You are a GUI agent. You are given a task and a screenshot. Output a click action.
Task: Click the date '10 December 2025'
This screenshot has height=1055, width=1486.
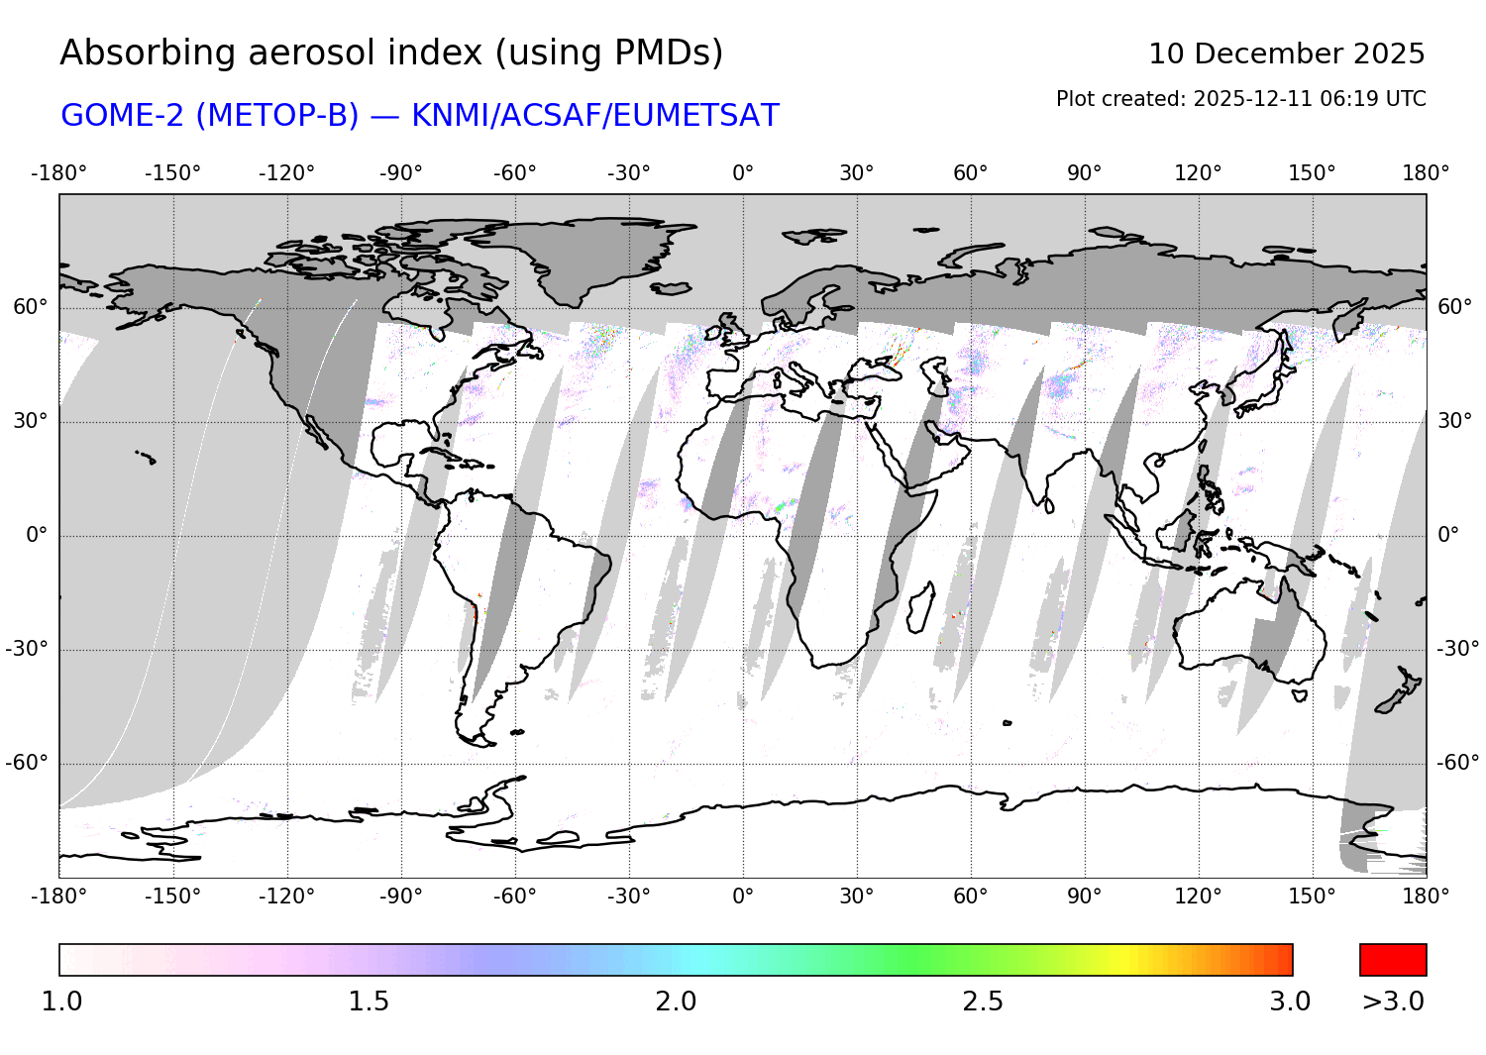tap(1286, 53)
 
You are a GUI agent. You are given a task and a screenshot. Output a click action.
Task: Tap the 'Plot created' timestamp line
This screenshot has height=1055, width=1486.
tap(1240, 99)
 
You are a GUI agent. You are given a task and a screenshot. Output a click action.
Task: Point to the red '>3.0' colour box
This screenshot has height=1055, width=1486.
tap(1393, 960)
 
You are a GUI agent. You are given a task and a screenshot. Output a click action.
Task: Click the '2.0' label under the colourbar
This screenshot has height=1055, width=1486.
tap(676, 1002)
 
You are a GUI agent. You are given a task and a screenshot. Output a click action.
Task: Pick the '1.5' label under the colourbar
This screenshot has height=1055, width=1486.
tap(369, 1002)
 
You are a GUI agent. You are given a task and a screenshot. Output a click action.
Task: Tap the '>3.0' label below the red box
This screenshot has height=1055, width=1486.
tap(1393, 1002)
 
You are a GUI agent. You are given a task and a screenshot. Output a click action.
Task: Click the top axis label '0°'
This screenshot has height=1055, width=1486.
tap(743, 173)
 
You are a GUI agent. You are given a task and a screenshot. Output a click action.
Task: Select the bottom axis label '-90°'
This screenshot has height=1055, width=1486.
tap(400, 897)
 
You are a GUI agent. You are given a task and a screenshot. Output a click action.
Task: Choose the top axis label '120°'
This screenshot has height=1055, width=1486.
tap(1198, 173)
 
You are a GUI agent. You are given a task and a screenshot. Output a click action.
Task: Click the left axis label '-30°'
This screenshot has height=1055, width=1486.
tap(27, 649)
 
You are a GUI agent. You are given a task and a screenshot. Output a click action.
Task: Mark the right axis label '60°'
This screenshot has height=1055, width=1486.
tap(1454, 307)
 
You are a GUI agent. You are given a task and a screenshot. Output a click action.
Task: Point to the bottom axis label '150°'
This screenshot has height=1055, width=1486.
tap(1312, 897)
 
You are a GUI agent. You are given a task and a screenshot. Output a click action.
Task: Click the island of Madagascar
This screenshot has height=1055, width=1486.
tap(920, 607)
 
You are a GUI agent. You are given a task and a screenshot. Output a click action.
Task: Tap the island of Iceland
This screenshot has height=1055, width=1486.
tap(671, 288)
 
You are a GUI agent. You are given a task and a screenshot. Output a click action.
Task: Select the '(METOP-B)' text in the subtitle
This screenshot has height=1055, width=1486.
tap(277, 116)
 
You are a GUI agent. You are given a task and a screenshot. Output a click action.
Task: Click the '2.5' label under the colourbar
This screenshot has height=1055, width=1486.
tap(983, 1002)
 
